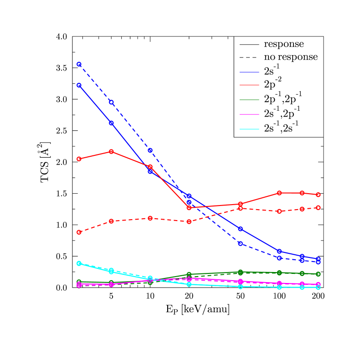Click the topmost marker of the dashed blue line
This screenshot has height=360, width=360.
tap(79, 64)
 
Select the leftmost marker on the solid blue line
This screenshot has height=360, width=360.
tap(79, 85)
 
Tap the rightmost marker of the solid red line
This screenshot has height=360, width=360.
tap(318, 195)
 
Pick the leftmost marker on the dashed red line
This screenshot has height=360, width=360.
tap(79, 232)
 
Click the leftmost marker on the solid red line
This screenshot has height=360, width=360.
tap(79, 159)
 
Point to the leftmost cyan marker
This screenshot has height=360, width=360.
tap(79, 263)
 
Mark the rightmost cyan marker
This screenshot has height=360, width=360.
tap(318, 288)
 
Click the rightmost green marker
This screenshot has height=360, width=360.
tap(318, 274)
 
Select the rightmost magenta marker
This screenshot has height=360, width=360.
tap(318, 284)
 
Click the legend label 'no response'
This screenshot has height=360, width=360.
tap(291, 57)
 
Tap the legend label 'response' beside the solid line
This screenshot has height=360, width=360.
tap(284, 44)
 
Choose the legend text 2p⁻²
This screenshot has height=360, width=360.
tap(273, 83)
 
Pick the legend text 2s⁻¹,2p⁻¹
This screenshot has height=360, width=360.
tap(282, 112)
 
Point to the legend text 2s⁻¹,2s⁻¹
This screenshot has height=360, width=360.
tap(281, 127)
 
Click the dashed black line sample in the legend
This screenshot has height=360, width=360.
tap(249, 57)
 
